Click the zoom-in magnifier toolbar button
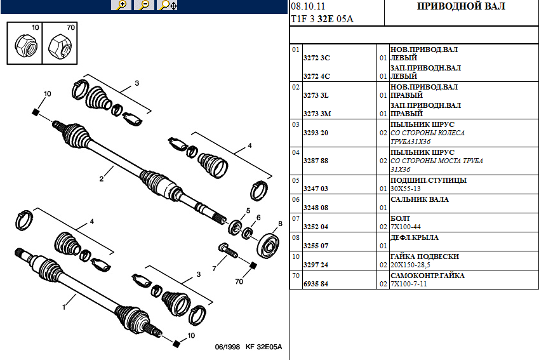tap(121, 5)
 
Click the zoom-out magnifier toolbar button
tap(144, 5)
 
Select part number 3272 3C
tap(318, 58)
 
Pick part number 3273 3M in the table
tap(318, 114)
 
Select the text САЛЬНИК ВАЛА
tap(419, 199)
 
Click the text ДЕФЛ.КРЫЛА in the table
tap(414, 237)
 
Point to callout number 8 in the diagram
tap(279, 223)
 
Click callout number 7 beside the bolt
tap(215, 268)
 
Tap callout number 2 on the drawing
tap(101, 179)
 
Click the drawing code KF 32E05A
tap(263, 347)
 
